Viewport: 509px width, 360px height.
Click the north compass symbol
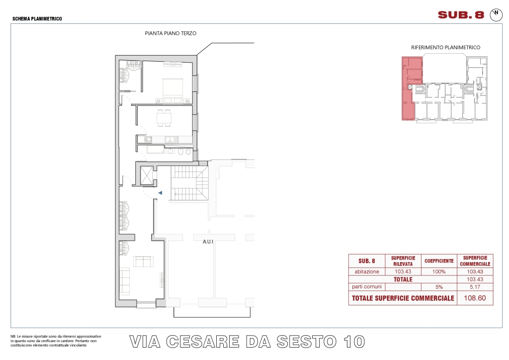coord(496,15)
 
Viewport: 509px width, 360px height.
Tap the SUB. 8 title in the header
coord(461,15)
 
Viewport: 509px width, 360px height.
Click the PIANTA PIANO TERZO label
coord(170,33)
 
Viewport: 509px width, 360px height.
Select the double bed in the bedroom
coord(173,90)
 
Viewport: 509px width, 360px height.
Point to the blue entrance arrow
coord(160,193)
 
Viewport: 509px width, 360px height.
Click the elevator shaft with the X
coord(147,176)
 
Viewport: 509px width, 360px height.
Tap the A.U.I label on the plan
coord(208,242)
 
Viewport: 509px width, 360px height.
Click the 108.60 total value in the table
coord(475,298)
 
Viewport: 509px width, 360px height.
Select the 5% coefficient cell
coord(439,287)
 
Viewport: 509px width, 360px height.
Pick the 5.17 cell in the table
coord(475,287)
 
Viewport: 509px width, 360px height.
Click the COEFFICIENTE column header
coord(439,261)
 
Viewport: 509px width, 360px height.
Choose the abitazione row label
coord(367,271)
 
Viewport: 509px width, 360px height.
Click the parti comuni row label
coord(367,286)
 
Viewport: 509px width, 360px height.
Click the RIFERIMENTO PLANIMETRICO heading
coord(446,47)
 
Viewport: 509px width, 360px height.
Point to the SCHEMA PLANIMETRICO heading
coord(37,19)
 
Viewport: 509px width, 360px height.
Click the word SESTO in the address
coord(306,342)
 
